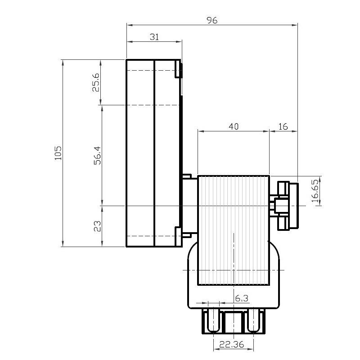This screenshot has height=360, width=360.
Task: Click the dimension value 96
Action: coord(212,20)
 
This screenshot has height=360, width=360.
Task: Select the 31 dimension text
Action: coord(154,37)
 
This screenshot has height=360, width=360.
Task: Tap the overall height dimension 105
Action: coord(58,153)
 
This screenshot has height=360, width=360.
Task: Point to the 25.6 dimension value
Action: coord(96,82)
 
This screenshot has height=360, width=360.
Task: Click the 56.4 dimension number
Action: coord(97,155)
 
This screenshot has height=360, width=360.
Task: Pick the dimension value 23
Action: coord(97,226)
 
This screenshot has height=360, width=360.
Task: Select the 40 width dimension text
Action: coord(234,126)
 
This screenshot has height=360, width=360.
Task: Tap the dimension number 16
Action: coord(283,126)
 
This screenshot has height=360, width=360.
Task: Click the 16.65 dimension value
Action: coord(315,191)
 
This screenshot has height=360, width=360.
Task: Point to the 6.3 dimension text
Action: coord(242,298)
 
